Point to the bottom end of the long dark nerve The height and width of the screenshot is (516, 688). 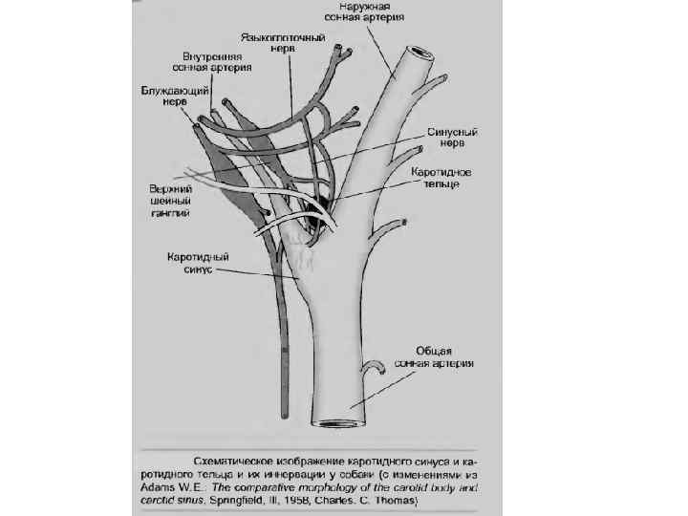285,402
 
